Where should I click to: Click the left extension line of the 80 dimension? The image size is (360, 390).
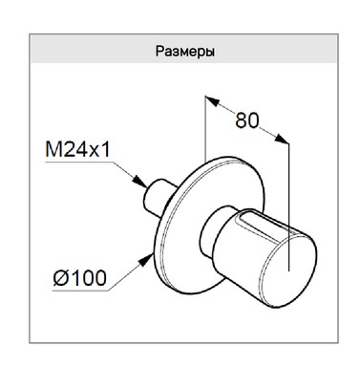pos(204,134)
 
